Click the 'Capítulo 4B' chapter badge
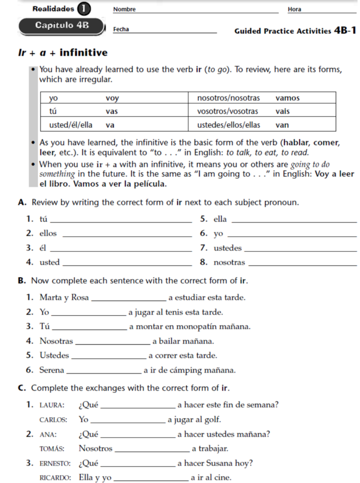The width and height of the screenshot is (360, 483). pos(62,26)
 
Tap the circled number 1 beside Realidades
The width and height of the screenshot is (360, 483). pos(84,8)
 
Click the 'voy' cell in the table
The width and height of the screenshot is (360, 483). pos(113,98)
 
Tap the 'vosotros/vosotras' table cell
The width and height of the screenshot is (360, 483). pos(228,111)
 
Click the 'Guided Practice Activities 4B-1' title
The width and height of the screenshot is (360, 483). pos(295,30)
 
